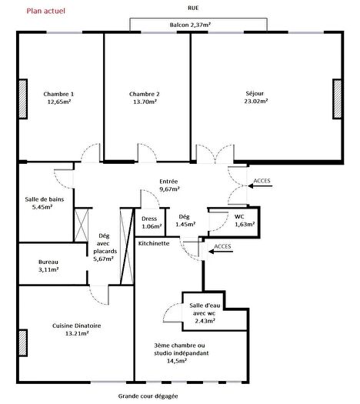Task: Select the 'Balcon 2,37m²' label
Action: click(192, 25)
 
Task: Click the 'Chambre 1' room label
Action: click(58, 94)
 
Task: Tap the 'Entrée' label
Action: click(168, 181)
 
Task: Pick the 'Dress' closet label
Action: click(149, 218)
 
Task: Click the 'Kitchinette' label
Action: click(153, 242)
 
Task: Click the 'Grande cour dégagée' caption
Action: click(148, 396)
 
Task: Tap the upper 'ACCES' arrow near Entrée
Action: click(258, 182)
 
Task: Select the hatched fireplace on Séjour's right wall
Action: click(336, 98)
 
